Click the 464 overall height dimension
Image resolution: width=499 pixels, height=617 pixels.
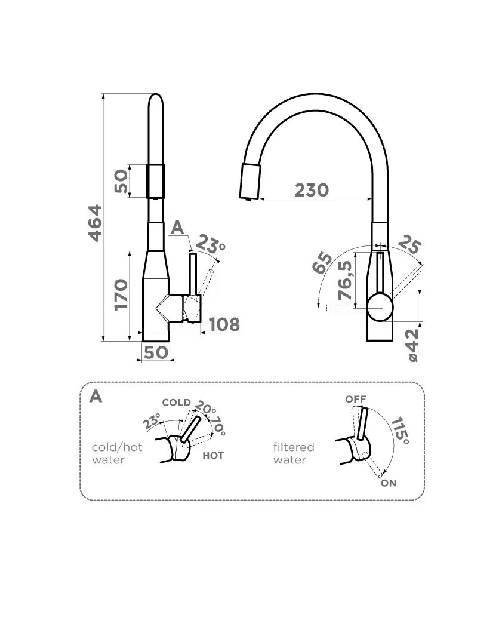95,223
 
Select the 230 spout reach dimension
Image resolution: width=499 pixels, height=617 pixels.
312,190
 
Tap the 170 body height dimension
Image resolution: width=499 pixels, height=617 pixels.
121,294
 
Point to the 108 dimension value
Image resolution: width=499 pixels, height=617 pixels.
224,325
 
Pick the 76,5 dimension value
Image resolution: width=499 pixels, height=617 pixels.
345,280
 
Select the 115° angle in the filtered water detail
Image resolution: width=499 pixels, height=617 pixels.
400,431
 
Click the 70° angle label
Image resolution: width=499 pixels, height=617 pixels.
218,426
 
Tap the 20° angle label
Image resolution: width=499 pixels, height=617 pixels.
205,407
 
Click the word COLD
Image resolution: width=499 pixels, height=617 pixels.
177,403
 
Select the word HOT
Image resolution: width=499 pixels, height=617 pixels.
213,456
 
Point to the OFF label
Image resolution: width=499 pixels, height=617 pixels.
356,399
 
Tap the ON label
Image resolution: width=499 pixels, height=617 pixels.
389,483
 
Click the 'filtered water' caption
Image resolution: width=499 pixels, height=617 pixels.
294,453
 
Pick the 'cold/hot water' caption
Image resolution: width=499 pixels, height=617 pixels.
117,453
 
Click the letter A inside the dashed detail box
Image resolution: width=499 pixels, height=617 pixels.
96,396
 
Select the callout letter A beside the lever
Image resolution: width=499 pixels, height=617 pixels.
177,227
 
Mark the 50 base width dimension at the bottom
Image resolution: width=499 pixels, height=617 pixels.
156,352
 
